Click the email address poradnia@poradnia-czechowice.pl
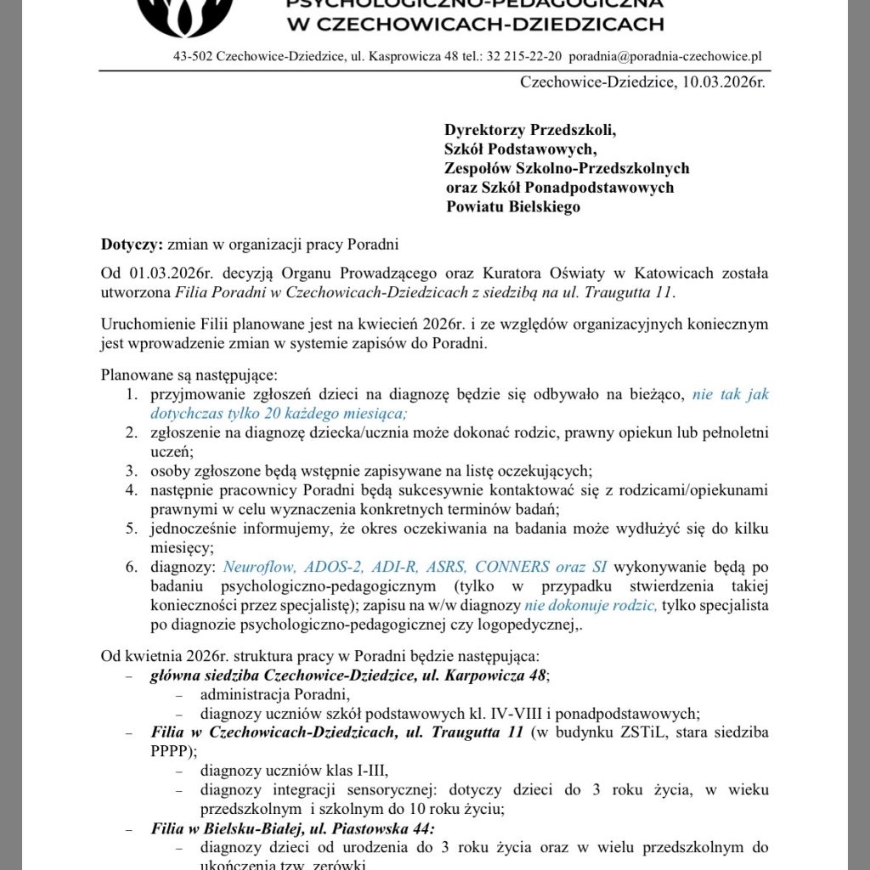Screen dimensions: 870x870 click(x=664, y=57)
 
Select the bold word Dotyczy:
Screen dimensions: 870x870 click(x=132, y=246)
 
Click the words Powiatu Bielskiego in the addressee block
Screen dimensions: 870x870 click(x=513, y=206)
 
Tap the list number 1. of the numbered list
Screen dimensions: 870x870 click(x=132, y=394)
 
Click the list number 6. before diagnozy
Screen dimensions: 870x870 click(x=132, y=566)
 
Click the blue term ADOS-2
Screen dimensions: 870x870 click(x=330, y=566)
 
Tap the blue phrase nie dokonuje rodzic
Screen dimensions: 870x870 click(x=590, y=607)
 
